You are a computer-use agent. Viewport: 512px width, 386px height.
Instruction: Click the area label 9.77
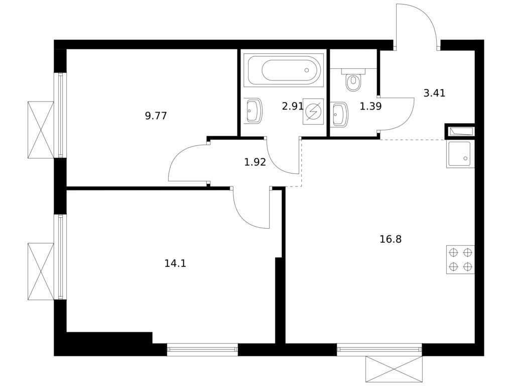[x=156, y=116]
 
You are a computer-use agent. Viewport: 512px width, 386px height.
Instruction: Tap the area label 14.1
[x=175, y=263]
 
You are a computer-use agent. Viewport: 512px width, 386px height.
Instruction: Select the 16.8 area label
[x=391, y=239]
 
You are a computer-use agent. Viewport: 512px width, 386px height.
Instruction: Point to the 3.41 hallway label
[x=434, y=93]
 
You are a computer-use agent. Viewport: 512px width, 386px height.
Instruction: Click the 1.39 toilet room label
[x=370, y=106]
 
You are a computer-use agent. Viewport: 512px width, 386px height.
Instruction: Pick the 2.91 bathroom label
[x=293, y=106]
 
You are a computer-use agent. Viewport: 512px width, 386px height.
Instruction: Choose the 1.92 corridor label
[x=255, y=162]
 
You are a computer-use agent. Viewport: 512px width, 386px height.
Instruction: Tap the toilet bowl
[x=353, y=79]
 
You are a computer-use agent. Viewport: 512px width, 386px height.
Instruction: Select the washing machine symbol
[x=313, y=112]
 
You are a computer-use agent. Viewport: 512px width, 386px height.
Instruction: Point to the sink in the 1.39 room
[x=339, y=114]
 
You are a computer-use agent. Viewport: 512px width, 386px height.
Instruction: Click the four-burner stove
[x=460, y=259]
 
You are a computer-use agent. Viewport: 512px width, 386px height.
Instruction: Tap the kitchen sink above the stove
[x=460, y=154]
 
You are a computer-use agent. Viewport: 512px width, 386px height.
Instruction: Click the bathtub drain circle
[x=307, y=70]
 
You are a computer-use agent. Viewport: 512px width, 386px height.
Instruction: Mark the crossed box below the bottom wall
[x=394, y=369]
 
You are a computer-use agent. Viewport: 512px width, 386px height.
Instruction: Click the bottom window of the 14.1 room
[x=202, y=349]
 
